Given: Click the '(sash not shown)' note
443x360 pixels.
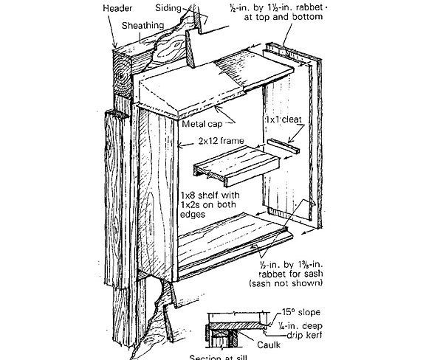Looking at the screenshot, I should pos(297,281).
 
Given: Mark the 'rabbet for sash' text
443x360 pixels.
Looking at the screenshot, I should pos(299,272).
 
